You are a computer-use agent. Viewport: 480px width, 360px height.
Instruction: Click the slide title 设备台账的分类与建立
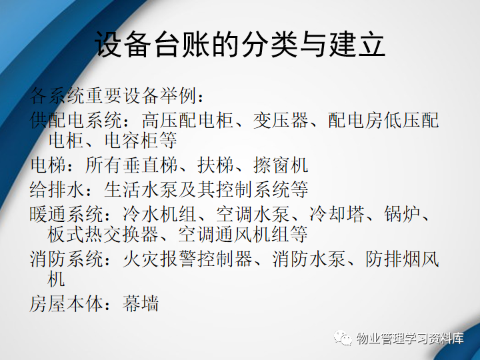(x=240, y=45)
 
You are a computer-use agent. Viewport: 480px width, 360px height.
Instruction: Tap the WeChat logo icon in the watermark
(x=343, y=338)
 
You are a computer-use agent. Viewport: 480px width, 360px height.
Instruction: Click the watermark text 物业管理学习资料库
(x=410, y=339)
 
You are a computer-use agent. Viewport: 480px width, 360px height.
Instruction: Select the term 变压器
(x=281, y=120)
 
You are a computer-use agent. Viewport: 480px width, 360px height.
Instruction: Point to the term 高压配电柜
(x=187, y=120)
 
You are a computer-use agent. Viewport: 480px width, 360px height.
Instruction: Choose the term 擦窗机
(x=281, y=165)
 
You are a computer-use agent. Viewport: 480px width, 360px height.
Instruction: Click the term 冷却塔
(x=337, y=214)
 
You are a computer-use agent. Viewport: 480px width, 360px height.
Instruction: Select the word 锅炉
(x=402, y=214)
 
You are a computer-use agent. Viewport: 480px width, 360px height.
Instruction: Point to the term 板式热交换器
(x=103, y=235)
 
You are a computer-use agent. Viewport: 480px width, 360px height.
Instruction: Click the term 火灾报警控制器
(x=187, y=259)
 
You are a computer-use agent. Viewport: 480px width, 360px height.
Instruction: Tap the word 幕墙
(x=141, y=304)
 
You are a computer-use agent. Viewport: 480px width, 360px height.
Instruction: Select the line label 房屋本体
(x=66, y=304)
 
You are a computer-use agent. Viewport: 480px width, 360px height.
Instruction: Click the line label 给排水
(x=57, y=189)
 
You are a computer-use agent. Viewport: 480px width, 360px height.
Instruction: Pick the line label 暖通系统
(x=66, y=214)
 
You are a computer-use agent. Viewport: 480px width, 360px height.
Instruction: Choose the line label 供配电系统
(x=75, y=120)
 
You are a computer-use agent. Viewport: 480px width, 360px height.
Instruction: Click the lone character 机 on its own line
(x=56, y=279)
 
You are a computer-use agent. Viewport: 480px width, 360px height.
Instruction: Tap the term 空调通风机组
(x=243, y=235)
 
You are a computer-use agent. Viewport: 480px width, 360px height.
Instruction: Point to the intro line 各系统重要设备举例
(x=113, y=95)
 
